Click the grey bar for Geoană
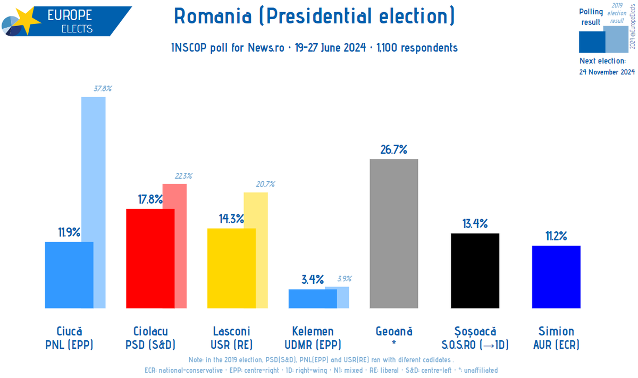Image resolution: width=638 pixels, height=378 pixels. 393,233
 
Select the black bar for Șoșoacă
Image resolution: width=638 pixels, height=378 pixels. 475,271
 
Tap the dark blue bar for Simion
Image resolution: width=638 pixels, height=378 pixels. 556,276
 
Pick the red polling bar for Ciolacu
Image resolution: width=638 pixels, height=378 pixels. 150,258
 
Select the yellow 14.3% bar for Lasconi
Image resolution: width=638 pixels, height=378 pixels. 231,268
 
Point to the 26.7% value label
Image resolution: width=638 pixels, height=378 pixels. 393,149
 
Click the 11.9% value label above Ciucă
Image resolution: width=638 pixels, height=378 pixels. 69,232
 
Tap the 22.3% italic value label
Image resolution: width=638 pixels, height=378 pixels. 183,176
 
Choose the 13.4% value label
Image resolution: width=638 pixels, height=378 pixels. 475,224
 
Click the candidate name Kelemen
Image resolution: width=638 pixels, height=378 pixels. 313,331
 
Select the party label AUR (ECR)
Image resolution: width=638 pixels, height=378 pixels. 556,345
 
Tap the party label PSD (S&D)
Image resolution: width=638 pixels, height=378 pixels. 150,345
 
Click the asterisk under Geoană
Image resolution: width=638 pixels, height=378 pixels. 393,344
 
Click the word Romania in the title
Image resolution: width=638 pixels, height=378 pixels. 213,17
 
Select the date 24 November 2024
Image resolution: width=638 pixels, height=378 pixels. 607,72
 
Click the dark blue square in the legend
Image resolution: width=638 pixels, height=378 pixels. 592,42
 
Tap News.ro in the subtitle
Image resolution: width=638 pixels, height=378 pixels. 266,48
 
